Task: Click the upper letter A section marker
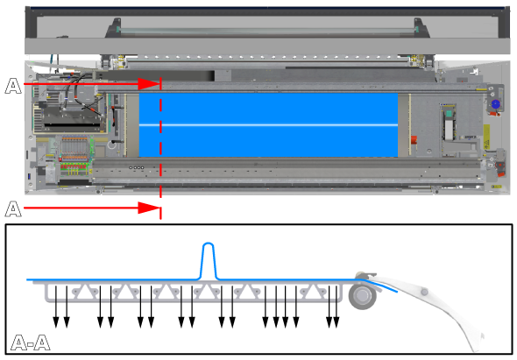tap(13, 86)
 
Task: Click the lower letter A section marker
tap(13, 209)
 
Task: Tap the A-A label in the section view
tap(31, 342)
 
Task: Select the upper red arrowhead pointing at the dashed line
tap(149, 84)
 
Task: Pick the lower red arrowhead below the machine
tap(149, 208)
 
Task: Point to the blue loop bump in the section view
tap(209, 260)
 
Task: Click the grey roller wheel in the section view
tap(363, 295)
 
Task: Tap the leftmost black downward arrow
tap(56, 307)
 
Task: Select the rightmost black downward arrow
tap(336, 307)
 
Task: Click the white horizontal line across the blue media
tap(268, 125)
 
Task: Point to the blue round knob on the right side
tap(495, 104)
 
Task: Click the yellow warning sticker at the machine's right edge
tap(486, 137)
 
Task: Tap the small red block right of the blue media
tap(414, 140)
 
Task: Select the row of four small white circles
tap(137, 168)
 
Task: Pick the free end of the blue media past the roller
tap(396, 291)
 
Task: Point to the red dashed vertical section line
tap(160, 148)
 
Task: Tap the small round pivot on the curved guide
tap(424, 292)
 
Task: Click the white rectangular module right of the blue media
tap(449, 130)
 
